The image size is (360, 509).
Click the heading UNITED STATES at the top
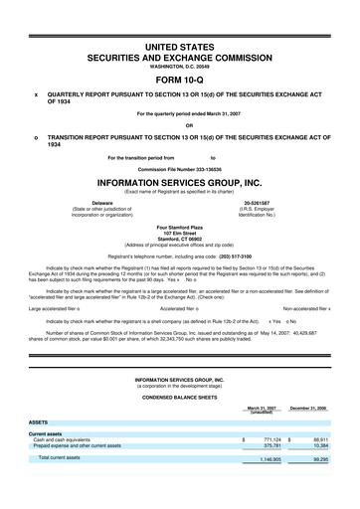179,47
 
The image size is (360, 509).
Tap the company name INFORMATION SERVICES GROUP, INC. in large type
179,182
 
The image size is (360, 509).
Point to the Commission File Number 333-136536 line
179,168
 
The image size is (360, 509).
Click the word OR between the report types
179,124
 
